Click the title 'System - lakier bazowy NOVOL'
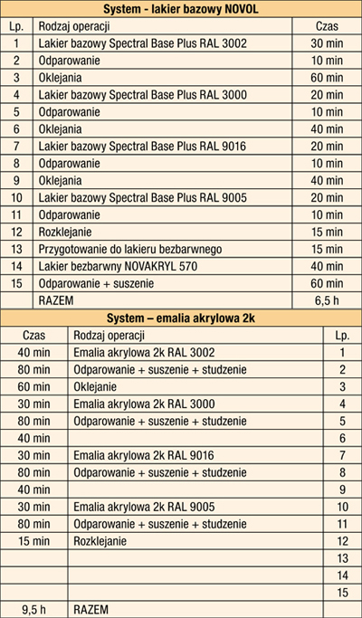[x=181, y=11]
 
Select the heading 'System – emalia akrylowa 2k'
[x=181, y=318]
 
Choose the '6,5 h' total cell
[x=327, y=299]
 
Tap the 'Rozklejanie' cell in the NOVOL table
[x=64, y=233]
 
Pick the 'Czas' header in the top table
[x=327, y=27]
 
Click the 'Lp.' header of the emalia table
[x=342, y=335]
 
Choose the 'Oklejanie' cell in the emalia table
[x=100, y=386]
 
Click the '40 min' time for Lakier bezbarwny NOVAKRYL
[x=327, y=266]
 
